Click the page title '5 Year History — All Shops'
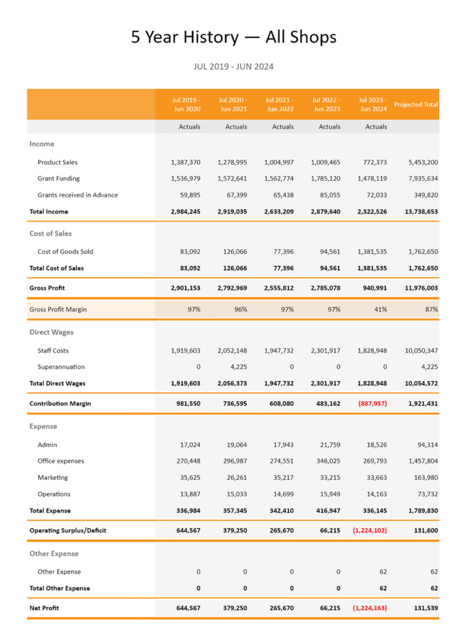(234, 37)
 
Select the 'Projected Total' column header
(416, 105)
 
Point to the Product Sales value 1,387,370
(186, 163)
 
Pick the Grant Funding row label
(59, 179)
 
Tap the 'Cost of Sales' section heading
(51, 234)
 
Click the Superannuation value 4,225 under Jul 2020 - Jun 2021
(236, 367)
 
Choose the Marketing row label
(52, 477)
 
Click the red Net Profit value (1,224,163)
(369, 608)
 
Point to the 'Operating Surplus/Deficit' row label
(68, 531)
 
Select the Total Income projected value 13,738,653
(417, 212)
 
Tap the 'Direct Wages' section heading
(51, 333)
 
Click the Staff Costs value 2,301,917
(326, 351)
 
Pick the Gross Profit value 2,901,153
(186, 288)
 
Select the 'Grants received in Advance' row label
(78, 195)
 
